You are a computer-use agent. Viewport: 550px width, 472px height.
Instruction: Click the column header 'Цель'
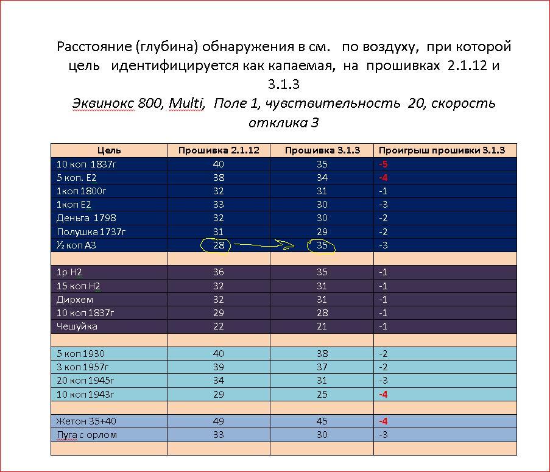(109, 150)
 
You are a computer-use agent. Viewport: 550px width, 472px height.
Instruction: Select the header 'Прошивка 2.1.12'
(218, 150)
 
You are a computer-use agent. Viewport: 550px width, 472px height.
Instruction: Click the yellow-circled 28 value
(218, 245)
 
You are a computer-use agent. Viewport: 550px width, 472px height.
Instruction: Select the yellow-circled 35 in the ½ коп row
(322, 245)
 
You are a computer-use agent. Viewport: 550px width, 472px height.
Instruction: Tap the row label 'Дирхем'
(72, 299)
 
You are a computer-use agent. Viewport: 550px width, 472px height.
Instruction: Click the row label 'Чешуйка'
(77, 326)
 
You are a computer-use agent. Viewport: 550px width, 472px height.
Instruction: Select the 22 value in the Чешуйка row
(218, 326)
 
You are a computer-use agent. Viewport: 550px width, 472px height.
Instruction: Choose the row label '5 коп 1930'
(80, 353)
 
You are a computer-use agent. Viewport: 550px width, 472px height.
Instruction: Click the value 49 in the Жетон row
(218, 421)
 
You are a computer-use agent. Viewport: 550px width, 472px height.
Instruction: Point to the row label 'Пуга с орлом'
(86, 435)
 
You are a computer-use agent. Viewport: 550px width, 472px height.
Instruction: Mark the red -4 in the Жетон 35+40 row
(384, 421)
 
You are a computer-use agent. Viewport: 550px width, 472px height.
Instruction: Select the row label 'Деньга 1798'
(86, 218)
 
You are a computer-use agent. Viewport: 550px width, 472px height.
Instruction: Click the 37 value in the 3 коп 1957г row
(322, 367)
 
